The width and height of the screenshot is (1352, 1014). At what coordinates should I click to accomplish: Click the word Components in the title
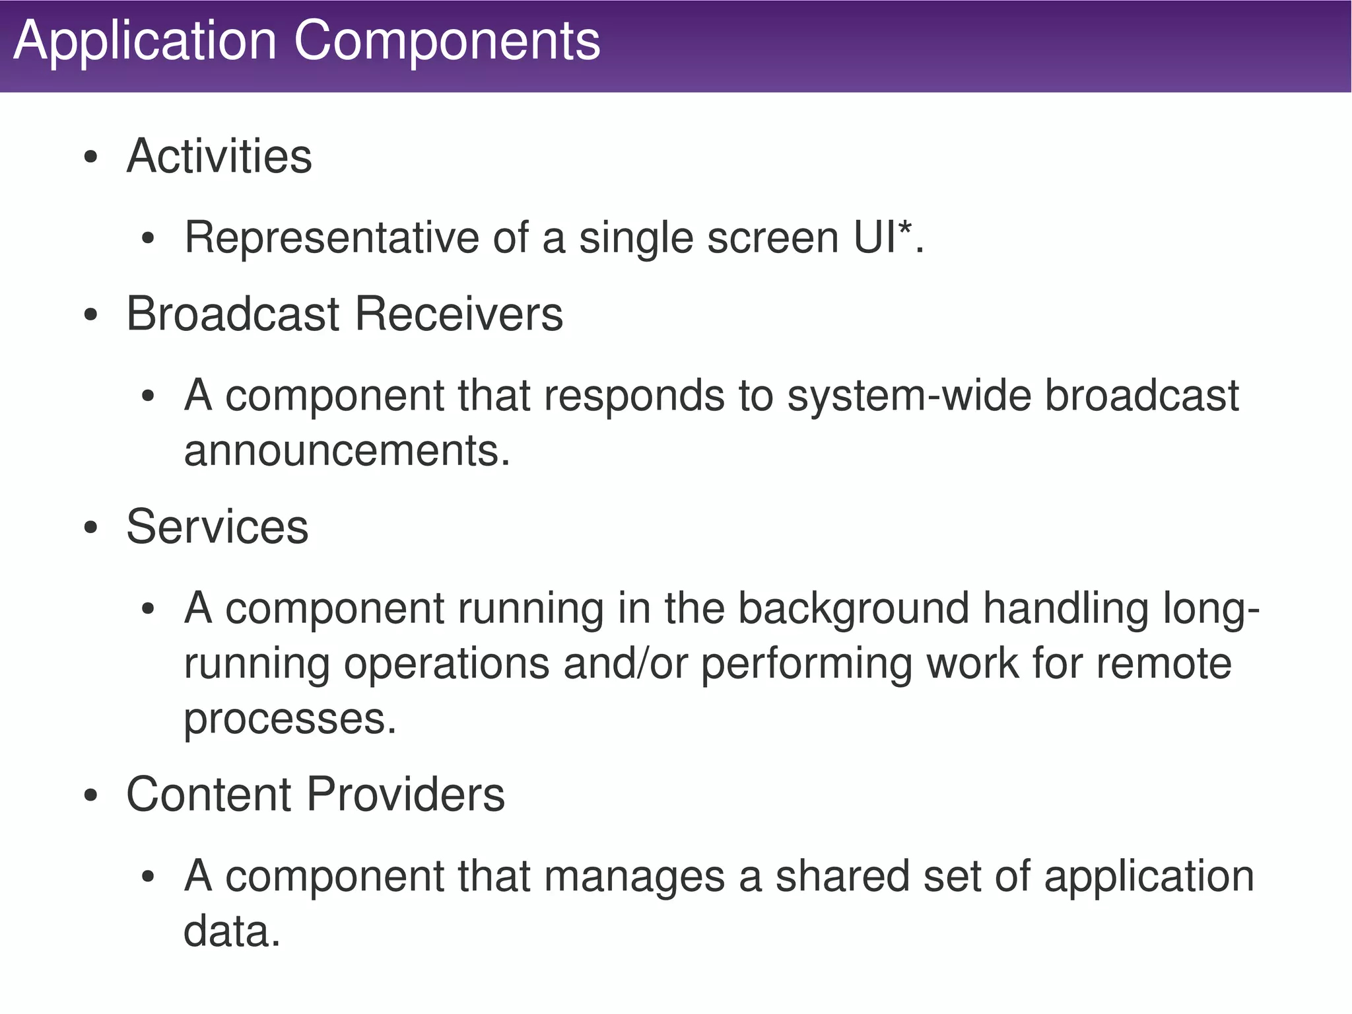coord(447,41)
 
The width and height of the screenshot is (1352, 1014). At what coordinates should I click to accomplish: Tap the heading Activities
coord(219,157)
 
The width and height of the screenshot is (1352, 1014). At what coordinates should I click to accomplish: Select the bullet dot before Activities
coord(91,158)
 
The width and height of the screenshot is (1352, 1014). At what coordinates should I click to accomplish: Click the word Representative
coord(331,237)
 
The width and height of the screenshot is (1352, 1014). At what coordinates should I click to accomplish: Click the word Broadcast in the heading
coord(232,314)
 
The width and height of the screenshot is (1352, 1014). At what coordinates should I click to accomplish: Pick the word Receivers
coord(459,314)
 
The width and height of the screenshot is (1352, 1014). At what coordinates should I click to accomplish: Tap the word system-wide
coord(909,396)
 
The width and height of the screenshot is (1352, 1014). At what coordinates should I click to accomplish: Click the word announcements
coord(347,451)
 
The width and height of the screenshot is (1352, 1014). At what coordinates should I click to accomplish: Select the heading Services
coord(217,527)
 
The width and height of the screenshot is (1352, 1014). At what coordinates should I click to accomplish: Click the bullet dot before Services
coord(91,528)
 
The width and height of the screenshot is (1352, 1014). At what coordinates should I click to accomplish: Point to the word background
coord(853,608)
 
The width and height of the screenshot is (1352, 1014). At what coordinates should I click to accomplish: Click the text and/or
coord(625,664)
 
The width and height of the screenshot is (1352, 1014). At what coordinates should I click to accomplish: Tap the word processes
coord(289,719)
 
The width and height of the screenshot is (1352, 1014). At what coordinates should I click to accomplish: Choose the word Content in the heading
coord(208,795)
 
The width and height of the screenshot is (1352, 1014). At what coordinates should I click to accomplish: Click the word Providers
coord(406,795)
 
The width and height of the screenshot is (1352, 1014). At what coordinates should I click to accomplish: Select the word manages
coord(634,877)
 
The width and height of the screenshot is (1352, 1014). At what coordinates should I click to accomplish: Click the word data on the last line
coord(232,931)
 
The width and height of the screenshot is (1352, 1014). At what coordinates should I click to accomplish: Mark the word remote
coord(1164,664)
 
